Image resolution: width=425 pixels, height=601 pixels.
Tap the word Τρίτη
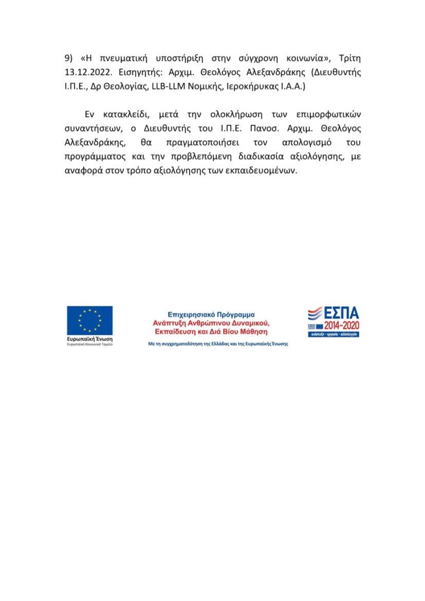[x=348, y=59]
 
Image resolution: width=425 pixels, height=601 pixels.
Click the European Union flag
[x=89, y=320]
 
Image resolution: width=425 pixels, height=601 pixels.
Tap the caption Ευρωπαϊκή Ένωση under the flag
[x=89, y=339]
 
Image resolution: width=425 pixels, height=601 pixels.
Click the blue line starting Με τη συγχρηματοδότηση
[x=218, y=344]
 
